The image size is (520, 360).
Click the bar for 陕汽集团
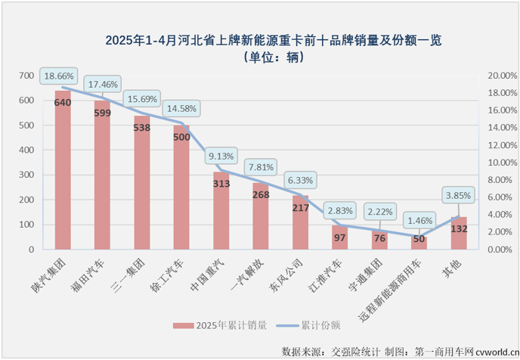click(63, 174)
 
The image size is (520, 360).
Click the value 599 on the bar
click(103, 113)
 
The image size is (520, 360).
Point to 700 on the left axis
click(26, 76)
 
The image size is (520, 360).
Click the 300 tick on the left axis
click(26, 175)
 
